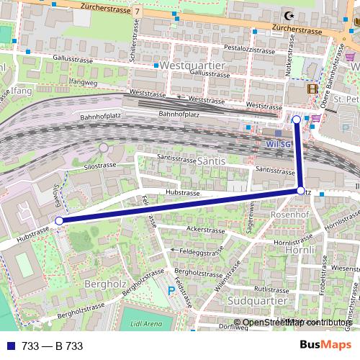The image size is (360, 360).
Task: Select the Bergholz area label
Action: click(105, 283)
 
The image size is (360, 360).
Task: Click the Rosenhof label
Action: click(289, 215)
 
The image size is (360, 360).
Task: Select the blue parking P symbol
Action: click(171, 291)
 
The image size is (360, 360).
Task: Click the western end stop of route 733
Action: click(59, 221)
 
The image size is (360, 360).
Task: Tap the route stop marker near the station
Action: click(297, 119)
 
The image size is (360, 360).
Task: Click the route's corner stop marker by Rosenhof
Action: click(301, 191)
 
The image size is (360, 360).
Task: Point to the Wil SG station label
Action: click(278, 143)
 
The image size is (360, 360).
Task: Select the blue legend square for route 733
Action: click(10, 346)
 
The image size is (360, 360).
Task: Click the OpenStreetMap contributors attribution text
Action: click(297, 323)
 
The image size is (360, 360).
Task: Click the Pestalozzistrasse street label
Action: click(250, 51)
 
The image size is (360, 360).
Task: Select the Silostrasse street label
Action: click(101, 166)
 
